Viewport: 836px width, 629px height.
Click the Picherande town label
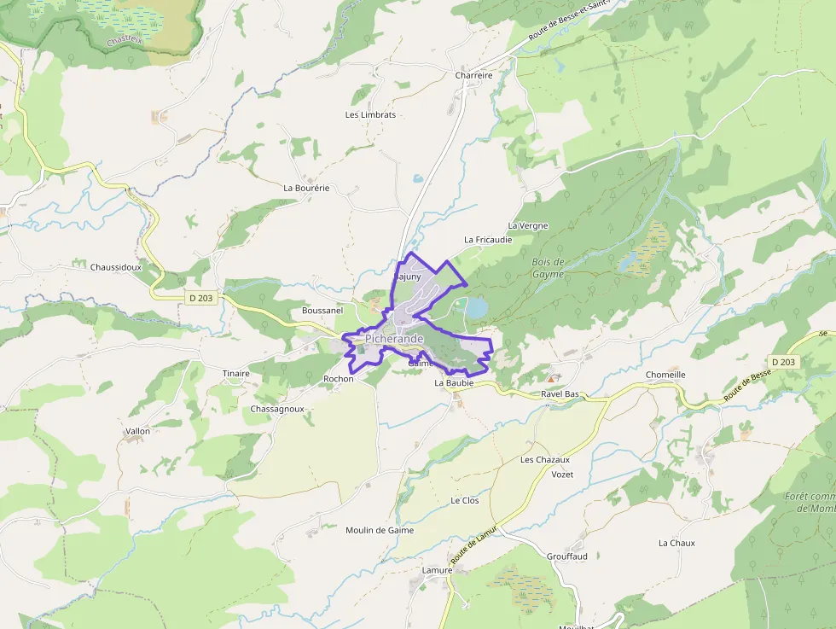[394, 339]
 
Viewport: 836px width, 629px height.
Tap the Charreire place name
[474, 75]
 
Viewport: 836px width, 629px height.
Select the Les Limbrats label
[370, 114]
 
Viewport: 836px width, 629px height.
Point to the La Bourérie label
[306, 187]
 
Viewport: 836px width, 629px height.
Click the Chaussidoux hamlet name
[115, 267]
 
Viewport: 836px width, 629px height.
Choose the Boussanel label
[322, 311]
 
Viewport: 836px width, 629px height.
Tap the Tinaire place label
[236, 374]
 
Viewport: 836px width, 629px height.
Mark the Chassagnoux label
[277, 409]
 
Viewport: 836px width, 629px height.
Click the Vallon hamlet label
[137, 431]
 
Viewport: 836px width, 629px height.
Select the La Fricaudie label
[488, 240]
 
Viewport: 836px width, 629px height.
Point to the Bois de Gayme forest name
[549, 268]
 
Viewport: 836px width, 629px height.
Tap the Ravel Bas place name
[560, 394]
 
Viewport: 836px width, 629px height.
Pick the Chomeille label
[665, 375]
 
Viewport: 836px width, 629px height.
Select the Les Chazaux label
[545, 460]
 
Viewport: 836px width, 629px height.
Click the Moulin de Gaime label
[380, 530]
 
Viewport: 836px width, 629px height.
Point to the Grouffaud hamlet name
[567, 556]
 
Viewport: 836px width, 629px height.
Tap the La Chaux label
[676, 543]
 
